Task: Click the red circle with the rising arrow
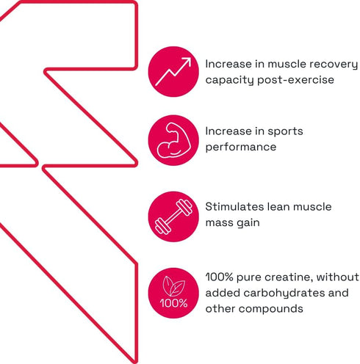(x=173, y=71)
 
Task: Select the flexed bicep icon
(x=173, y=140)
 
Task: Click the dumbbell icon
(x=173, y=216)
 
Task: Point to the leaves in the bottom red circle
(x=173, y=285)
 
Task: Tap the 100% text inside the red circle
(x=173, y=303)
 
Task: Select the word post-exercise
(x=296, y=80)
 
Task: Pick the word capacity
(x=229, y=80)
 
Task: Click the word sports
(x=285, y=131)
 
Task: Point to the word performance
(x=241, y=148)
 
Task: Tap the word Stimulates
(x=234, y=207)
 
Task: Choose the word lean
(x=278, y=207)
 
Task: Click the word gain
(x=248, y=223)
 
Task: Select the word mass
(x=220, y=223)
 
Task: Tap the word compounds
(x=271, y=309)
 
